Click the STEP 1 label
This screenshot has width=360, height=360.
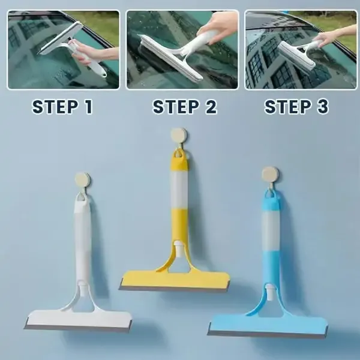62,107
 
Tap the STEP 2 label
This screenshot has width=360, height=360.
184,107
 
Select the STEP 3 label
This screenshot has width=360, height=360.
296,107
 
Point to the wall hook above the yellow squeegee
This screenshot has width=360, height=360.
178,136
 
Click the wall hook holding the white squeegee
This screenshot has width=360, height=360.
82,180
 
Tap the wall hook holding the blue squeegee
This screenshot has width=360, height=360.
270,175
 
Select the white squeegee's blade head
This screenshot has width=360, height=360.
77,319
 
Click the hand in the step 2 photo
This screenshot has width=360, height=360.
217,24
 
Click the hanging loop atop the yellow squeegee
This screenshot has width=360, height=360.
178,157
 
